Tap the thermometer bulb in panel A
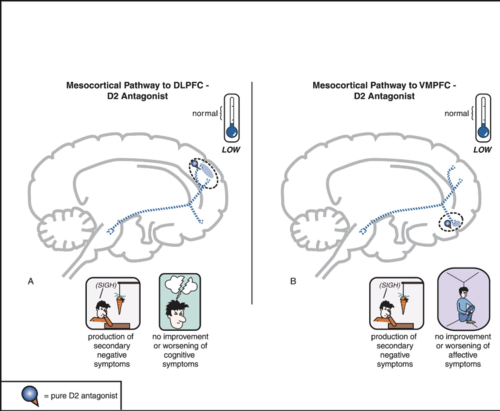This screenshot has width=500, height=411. click(x=232, y=132)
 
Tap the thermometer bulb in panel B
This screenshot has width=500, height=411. click(x=483, y=132)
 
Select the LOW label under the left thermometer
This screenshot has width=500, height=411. click(x=231, y=150)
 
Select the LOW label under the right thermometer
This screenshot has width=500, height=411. click(x=482, y=150)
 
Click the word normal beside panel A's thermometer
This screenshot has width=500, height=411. click(x=205, y=114)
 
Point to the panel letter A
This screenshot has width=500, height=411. click(x=31, y=281)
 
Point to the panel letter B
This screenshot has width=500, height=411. click(x=293, y=281)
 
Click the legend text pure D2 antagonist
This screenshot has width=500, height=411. click(x=84, y=396)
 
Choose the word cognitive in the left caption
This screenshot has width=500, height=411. click(x=180, y=355)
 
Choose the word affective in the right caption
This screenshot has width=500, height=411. click(x=463, y=355)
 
